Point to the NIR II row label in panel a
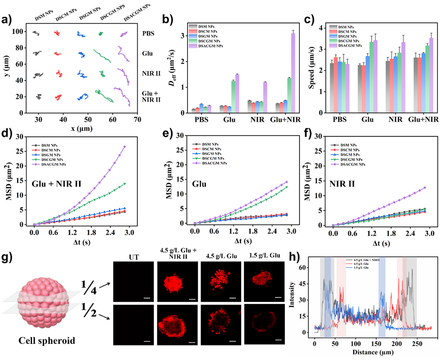(149, 73)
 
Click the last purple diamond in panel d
(125, 147)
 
